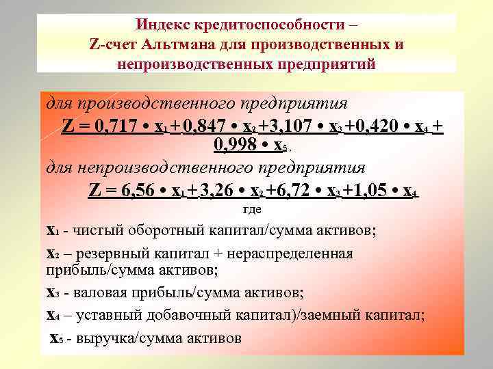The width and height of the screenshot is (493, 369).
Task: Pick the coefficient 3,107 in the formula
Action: coord(303,127)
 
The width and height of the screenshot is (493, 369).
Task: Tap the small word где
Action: coord(253,210)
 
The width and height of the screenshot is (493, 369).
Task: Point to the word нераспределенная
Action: coord(298,254)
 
